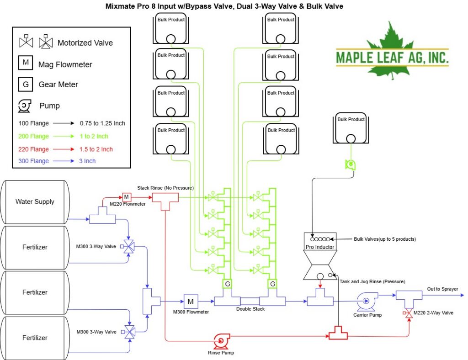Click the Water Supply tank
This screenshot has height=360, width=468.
[x=35, y=202]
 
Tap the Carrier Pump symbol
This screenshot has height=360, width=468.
[x=367, y=302]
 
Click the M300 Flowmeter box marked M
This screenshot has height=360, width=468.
[x=191, y=302]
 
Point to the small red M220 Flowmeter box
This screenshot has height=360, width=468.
[x=127, y=197]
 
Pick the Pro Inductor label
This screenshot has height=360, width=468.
[x=320, y=247]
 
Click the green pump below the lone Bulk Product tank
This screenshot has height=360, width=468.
[x=351, y=164]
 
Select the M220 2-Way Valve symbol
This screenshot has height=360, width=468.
[x=408, y=313]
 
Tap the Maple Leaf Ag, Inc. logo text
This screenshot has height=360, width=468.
[x=392, y=58]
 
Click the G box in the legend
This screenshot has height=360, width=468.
[x=26, y=85]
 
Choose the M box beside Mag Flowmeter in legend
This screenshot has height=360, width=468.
[x=26, y=62]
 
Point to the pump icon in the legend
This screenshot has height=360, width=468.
[x=25, y=106]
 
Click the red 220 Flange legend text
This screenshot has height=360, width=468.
[x=33, y=149]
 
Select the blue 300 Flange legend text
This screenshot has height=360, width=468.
[x=33, y=161]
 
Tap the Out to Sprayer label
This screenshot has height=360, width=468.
[x=442, y=289]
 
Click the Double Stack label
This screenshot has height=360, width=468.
[x=250, y=309]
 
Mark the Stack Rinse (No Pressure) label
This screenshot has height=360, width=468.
[x=165, y=188]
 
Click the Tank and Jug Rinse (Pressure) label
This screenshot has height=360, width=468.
[x=372, y=281]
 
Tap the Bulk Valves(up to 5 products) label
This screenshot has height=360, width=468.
[x=385, y=239]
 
